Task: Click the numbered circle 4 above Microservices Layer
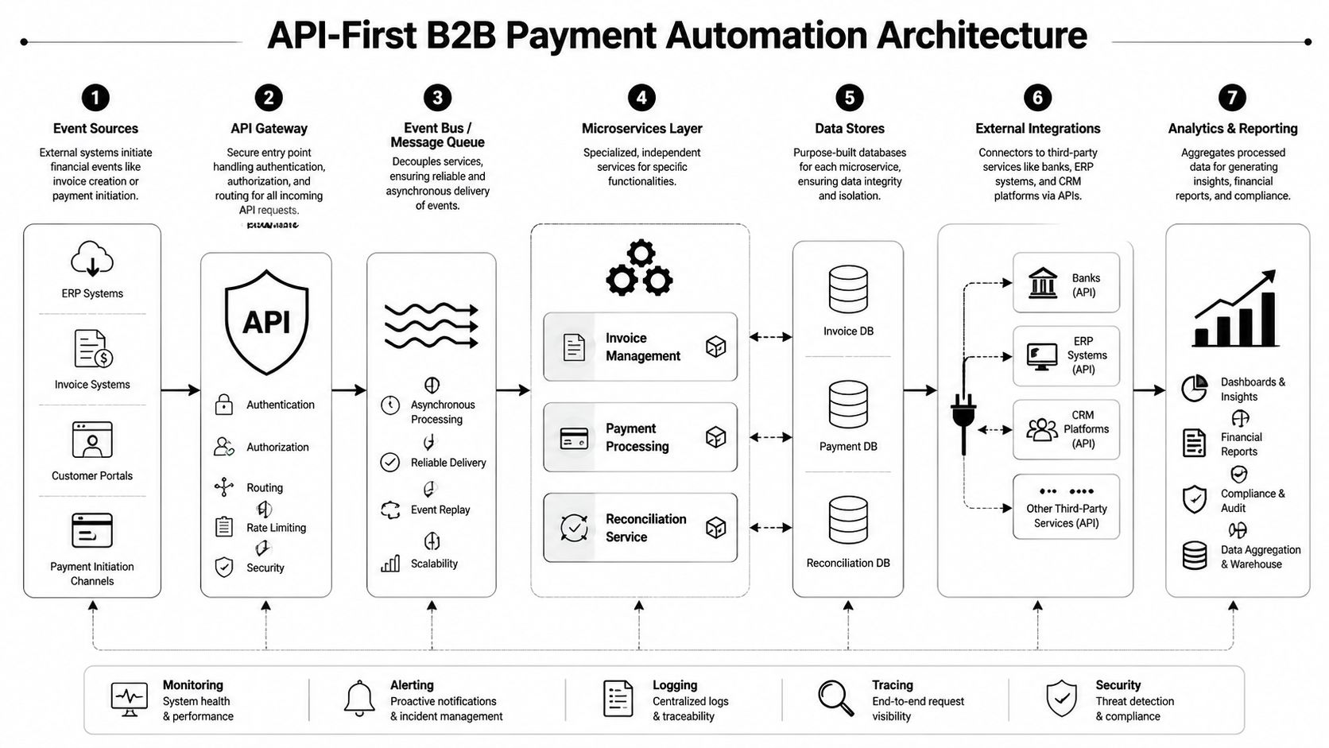641,98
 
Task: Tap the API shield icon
266,322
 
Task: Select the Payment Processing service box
640,437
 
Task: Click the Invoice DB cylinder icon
848,289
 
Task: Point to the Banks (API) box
1066,283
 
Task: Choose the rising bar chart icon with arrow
1234,310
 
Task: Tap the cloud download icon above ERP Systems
92,259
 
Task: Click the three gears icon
640,270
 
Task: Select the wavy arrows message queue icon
432,326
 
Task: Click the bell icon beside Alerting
359,699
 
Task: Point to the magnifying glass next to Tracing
835,698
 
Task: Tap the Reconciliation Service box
640,528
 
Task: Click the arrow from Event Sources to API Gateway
180,390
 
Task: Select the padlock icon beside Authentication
224,405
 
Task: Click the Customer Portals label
92,475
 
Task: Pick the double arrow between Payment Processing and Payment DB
770,437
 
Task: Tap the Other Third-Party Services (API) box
1066,507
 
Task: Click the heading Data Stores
849,128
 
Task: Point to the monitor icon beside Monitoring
130,699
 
